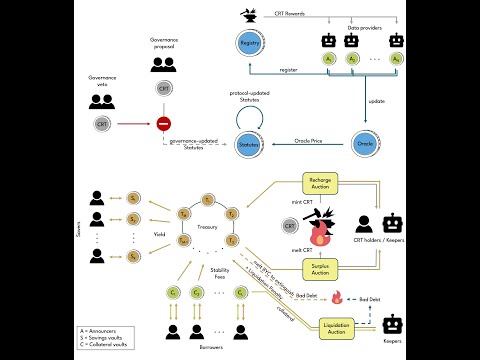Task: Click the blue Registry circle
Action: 248,44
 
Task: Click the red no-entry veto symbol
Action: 163,125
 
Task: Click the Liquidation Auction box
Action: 341,327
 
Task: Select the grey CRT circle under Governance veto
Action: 102,124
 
